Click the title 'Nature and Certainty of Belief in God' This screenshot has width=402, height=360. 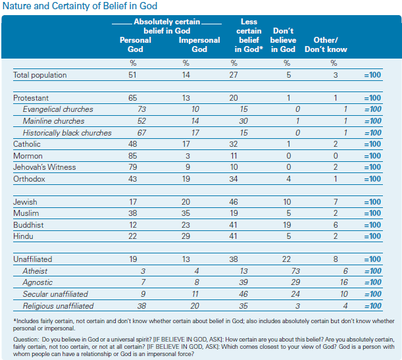[80, 6]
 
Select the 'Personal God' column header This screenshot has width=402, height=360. [136, 45]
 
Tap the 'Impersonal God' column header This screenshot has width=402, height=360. [199, 45]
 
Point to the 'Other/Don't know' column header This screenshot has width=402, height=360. [326, 45]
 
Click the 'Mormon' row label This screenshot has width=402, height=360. [28, 156]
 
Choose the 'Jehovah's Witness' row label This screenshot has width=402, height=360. [44, 167]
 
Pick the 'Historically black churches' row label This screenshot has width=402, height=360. [67, 133]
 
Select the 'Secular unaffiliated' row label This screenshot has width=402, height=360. [55, 294]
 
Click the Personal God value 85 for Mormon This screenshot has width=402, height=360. [132, 156]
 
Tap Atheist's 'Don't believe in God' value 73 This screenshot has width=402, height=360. [295, 271]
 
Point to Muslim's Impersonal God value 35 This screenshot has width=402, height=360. [186, 213]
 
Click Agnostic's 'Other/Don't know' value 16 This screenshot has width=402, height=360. [344, 282]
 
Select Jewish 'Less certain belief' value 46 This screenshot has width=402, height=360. [234, 202]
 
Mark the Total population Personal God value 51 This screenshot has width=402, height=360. [132, 75]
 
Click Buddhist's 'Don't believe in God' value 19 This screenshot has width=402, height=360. [287, 225]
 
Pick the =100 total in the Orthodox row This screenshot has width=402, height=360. [372, 179]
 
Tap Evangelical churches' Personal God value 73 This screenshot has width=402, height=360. [141, 109]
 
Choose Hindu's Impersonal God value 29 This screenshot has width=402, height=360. [186, 236]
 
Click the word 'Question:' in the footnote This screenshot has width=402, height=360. [26, 340]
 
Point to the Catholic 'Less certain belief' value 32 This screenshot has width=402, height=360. [234, 144]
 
